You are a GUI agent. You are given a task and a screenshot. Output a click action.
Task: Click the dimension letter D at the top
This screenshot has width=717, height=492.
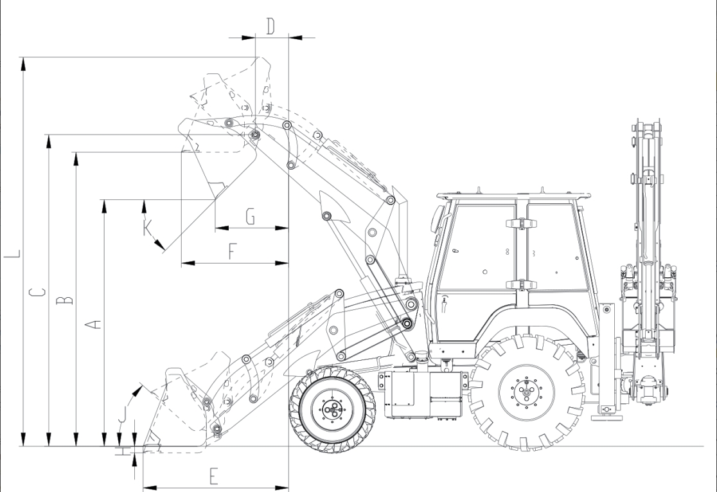[x=270, y=26]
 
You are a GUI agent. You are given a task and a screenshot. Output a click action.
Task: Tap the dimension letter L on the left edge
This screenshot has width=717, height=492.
[x=12, y=253]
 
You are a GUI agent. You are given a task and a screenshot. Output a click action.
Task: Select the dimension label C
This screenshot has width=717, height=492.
[x=37, y=292]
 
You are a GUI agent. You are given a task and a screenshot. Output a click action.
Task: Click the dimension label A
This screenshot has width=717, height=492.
[x=93, y=325]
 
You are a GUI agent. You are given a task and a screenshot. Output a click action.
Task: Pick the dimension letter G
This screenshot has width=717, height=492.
[x=250, y=216]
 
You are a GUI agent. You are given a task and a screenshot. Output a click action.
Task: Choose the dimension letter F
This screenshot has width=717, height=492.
[x=233, y=251]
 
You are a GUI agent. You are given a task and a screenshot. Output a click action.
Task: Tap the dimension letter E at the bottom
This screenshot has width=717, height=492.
[x=213, y=477]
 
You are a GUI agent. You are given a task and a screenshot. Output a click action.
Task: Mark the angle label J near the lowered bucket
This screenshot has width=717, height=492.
[x=122, y=414]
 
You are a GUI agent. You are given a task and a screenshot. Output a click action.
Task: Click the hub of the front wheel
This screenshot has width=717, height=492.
[x=332, y=408]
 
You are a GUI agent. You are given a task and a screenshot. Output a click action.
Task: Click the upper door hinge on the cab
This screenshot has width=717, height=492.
[x=520, y=223]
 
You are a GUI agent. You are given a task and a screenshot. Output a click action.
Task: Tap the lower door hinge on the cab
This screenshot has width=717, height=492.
[x=520, y=284]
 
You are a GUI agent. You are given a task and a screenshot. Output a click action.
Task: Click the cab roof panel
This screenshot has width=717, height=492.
[x=513, y=196]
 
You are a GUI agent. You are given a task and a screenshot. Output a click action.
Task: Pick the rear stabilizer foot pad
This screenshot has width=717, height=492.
[x=606, y=417]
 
